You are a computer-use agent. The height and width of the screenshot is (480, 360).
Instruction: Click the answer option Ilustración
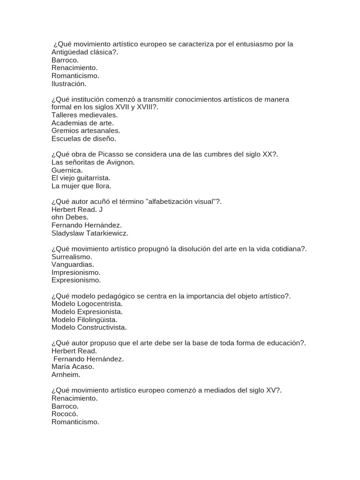[69, 84]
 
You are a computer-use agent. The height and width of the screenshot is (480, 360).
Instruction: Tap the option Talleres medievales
[84, 115]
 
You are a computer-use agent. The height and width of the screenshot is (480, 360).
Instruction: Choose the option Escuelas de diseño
[83, 139]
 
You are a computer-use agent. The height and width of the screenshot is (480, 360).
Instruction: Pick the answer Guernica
[67, 170]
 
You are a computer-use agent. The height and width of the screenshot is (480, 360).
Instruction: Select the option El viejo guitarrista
[81, 178]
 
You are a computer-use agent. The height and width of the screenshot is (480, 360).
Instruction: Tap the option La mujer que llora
[81, 186]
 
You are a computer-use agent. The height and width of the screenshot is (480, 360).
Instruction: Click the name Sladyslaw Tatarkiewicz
[90, 233]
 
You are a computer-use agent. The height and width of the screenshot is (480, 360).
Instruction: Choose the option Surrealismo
[71, 256]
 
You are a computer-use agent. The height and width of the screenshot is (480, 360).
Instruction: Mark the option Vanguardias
[73, 264]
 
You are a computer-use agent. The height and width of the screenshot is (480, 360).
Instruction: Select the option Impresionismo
[75, 272]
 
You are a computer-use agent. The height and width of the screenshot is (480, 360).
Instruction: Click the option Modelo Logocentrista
[87, 304]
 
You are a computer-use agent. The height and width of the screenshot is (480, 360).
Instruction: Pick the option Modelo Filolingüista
[84, 320]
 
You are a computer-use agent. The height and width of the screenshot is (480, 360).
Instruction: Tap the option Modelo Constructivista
[89, 327]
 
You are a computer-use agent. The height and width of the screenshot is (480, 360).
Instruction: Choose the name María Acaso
[73, 367]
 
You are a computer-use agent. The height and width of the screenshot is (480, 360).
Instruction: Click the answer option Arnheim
[66, 375]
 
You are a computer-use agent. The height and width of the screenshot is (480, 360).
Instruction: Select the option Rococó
[65, 414]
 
